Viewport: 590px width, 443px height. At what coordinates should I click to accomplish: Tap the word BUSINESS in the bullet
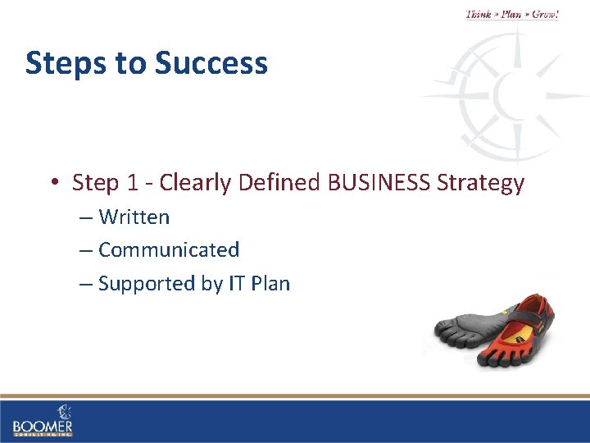pos(379,182)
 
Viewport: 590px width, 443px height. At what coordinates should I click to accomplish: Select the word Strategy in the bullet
pos(481,182)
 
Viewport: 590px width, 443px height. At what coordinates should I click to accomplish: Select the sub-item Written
pos(134,217)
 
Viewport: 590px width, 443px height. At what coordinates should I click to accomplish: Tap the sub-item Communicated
pos(168,249)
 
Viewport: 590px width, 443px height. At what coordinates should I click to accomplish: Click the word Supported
pos(147,284)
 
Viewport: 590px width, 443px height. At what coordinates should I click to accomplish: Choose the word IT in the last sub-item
pos(234,284)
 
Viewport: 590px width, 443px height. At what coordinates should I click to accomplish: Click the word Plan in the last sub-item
pos(270,284)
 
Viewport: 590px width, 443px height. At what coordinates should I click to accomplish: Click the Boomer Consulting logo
pos(43,421)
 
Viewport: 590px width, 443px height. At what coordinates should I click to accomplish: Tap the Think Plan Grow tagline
pos(511,15)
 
